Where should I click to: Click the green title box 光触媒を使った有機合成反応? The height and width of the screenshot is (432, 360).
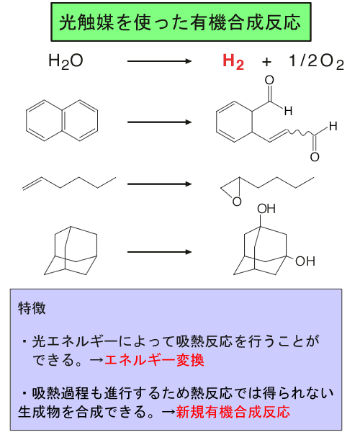[181, 22]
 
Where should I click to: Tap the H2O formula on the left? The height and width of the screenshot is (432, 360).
[66, 61]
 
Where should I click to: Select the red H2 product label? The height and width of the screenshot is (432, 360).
[233, 61]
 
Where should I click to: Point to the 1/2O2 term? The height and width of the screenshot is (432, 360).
[316, 61]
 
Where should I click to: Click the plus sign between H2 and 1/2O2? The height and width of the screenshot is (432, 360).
[266, 62]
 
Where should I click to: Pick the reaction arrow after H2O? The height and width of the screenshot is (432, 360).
[159, 61]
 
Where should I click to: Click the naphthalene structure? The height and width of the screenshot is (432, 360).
[62, 121]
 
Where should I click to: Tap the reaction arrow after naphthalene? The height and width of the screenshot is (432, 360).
[159, 122]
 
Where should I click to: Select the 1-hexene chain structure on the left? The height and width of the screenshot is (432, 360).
[69, 184]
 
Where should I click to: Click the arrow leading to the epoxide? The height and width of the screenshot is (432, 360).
[159, 184]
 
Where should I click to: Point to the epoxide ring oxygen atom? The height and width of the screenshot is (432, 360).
[237, 202]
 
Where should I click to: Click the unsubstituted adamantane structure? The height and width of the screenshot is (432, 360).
[71, 251]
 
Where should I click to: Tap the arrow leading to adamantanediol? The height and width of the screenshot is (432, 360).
[159, 252]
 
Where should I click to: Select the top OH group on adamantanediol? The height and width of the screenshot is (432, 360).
[266, 209]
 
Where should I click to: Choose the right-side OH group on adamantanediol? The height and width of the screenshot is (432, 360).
[305, 261]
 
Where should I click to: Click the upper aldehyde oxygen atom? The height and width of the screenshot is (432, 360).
[269, 80]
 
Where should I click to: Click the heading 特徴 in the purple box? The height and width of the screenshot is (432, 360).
[32, 308]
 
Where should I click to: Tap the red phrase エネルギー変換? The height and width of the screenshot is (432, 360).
[154, 360]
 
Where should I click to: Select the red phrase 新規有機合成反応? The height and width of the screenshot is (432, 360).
[233, 412]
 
